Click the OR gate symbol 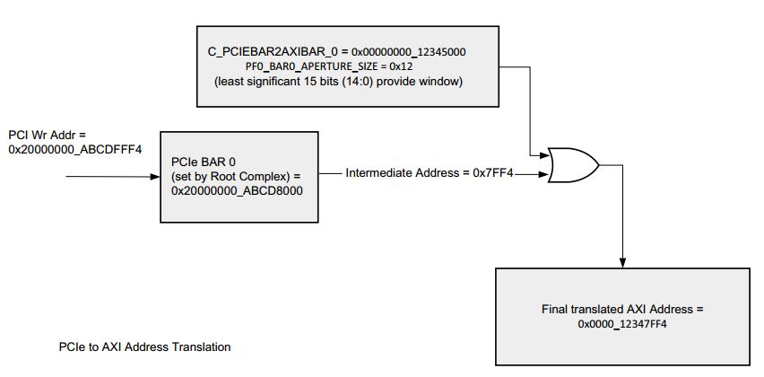point(574,165)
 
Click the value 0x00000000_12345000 point(408,52)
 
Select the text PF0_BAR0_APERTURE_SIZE point(312,66)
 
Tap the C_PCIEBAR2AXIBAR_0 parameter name point(274,52)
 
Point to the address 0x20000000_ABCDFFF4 point(75,149)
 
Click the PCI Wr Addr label point(47,135)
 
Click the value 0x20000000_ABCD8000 point(237,190)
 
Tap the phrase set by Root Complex point(230,176)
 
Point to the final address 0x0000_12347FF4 point(622,324)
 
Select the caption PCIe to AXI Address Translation point(144,346)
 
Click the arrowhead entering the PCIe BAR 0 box point(155,177)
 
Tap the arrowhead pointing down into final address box point(622,262)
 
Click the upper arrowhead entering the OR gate point(544,156)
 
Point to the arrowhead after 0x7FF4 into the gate point(544,173)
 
